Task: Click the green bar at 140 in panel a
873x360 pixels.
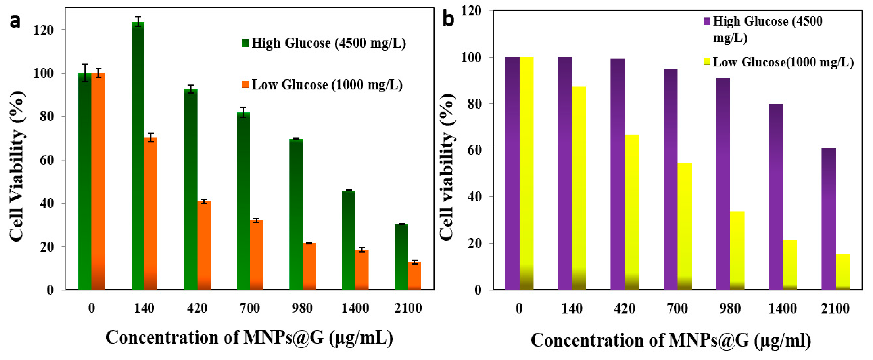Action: pyautogui.click(x=138, y=156)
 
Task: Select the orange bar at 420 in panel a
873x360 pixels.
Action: pyautogui.click(x=204, y=246)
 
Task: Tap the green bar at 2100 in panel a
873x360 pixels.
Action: pyautogui.click(x=401, y=257)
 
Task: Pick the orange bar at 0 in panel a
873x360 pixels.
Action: pyautogui.click(x=98, y=181)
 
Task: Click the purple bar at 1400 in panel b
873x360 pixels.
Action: pyautogui.click(x=776, y=197)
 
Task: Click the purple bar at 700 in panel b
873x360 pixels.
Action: pyautogui.click(x=670, y=180)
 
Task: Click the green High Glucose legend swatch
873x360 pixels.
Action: pyautogui.click(x=245, y=43)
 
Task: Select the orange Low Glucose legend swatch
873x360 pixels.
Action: pyautogui.click(x=245, y=84)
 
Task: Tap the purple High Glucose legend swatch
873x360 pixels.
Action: pyautogui.click(x=707, y=21)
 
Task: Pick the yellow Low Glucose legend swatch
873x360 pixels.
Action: pyautogui.click(x=707, y=62)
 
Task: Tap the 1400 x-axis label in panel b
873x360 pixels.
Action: pyautogui.click(x=783, y=309)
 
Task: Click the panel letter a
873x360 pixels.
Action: pyautogui.click(x=15, y=21)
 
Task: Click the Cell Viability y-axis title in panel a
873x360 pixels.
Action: pyautogui.click(x=17, y=166)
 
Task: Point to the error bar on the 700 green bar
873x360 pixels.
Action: pyautogui.click(x=243, y=112)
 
